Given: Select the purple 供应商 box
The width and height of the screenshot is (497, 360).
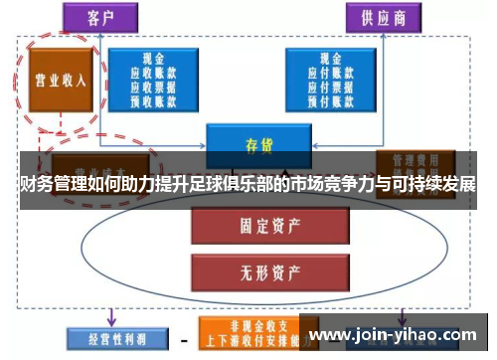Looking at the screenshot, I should coord(379,17).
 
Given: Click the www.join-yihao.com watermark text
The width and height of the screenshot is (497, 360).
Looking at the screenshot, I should coord(397,336).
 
